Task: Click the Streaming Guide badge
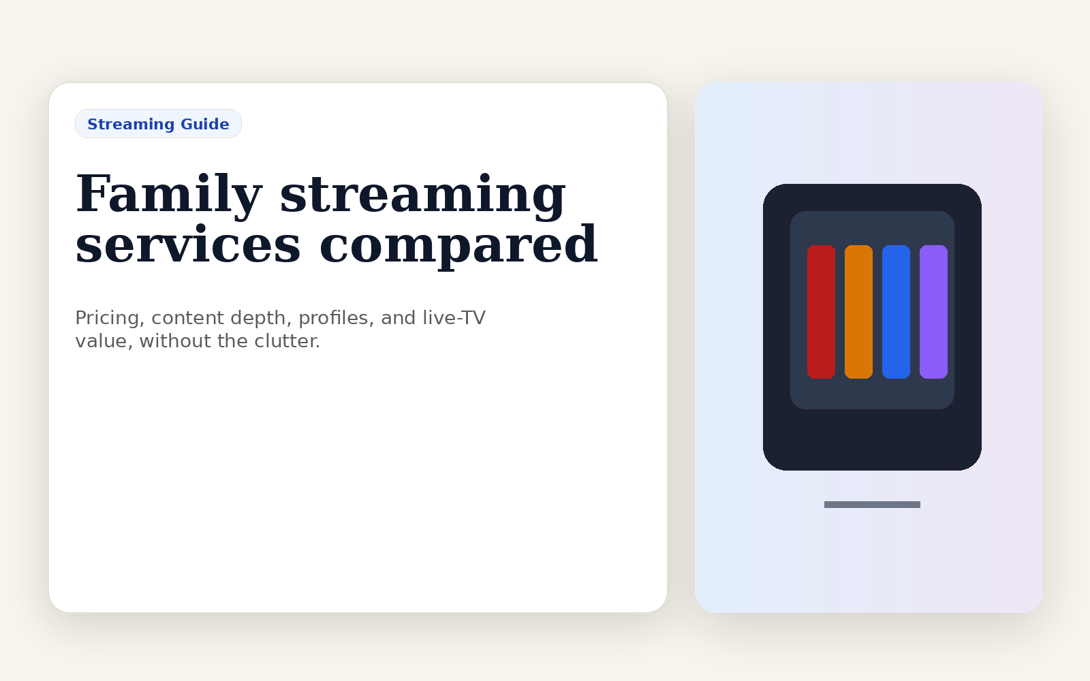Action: click(x=158, y=123)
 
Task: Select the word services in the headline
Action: click(x=188, y=244)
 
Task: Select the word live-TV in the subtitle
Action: click(x=454, y=317)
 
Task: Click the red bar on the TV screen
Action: click(x=821, y=312)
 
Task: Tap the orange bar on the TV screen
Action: click(x=858, y=312)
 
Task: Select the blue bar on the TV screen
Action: click(x=896, y=312)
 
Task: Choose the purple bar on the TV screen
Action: click(x=933, y=312)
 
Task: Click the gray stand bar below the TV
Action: click(x=872, y=505)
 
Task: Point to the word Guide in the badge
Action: click(x=205, y=124)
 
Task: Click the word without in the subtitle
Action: click(x=175, y=341)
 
